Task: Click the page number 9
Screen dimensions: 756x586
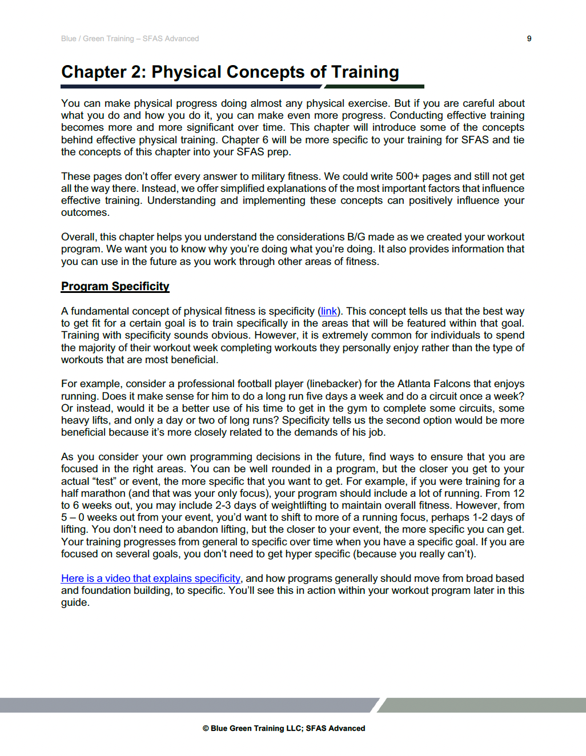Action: coord(529,38)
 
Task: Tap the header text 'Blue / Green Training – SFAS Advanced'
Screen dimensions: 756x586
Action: coord(130,38)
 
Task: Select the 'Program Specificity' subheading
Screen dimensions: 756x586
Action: coord(115,286)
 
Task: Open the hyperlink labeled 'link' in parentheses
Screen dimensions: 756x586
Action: coord(328,311)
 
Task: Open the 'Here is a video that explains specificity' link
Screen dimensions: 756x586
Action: coord(151,578)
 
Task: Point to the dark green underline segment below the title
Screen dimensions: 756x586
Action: coord(375,87)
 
